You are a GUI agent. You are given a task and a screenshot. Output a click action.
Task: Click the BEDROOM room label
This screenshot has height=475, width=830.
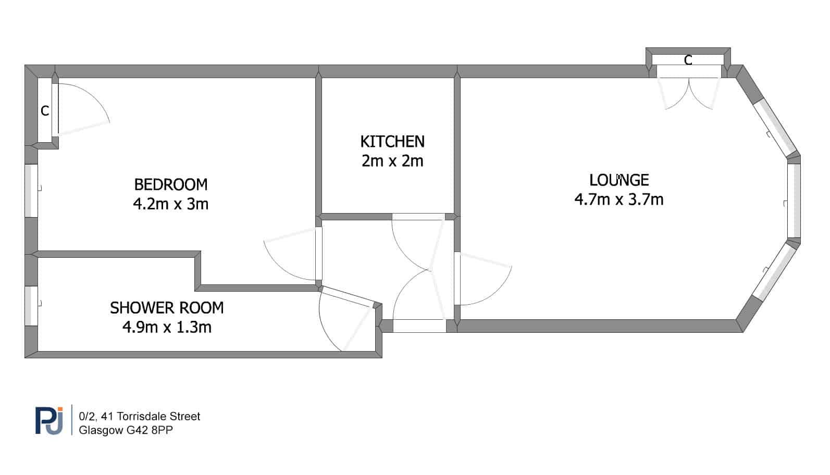171,184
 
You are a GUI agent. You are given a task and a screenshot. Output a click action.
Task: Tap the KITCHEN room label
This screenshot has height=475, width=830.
392,142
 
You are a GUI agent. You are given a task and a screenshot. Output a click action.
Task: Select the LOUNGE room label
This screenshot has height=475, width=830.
619,180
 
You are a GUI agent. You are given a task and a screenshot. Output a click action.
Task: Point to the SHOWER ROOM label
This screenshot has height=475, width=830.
167,308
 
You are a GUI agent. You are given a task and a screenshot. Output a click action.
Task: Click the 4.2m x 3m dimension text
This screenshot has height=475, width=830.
171,204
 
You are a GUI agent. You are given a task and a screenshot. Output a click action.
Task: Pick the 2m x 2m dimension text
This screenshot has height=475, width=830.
392,161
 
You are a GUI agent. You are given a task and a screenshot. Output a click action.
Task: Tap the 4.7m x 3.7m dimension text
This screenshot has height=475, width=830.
619,199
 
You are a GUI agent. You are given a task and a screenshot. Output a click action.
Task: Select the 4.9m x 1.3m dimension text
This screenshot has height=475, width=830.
167,328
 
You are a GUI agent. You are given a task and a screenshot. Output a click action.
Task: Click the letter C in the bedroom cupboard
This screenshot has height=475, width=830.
45,111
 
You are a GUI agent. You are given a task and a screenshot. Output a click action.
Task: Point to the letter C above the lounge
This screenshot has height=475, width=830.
688,60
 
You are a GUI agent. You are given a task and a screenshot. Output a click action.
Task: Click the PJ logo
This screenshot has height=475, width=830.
49,420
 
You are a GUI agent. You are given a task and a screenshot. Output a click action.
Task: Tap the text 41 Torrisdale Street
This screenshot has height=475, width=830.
151,417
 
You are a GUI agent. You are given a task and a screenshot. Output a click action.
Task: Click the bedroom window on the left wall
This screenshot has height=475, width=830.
31,191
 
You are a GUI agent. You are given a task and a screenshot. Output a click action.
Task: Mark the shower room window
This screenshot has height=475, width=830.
31,306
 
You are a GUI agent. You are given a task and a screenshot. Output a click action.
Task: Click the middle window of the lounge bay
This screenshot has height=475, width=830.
794,201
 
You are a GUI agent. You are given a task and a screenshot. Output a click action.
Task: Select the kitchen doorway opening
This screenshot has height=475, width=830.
418,217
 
